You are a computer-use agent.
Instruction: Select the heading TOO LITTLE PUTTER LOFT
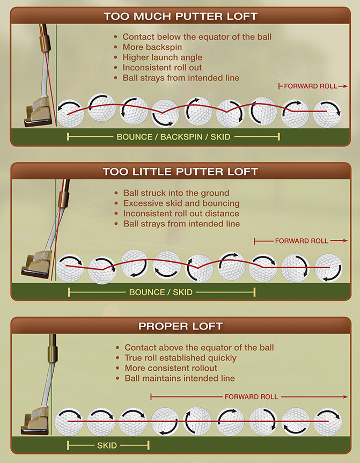point(180,172)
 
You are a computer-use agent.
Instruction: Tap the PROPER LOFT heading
point(180,326)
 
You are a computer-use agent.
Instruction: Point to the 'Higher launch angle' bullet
point(162,57)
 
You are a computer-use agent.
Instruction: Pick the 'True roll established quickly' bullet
point(180,358)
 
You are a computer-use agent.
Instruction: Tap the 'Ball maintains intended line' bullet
point(180,378)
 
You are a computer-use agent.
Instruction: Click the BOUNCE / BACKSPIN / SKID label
point(173,137)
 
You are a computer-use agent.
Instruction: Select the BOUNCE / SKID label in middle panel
point(161,292)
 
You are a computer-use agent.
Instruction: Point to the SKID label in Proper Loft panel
point(107,445)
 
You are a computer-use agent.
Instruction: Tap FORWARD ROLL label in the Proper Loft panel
point(251,396)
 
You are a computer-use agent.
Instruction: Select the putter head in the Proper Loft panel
point(36,422)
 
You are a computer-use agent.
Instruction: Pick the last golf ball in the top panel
point(327,112)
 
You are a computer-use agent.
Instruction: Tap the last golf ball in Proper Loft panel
point(328,422)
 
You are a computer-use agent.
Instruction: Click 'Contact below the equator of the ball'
point(197,37)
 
